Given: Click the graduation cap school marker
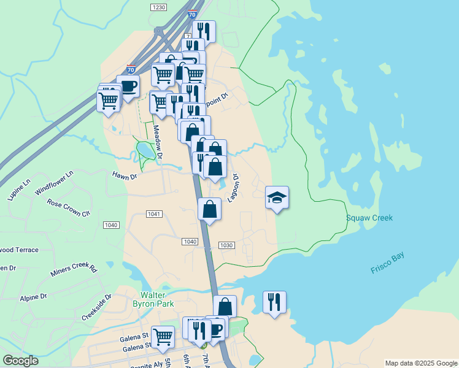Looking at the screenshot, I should tap(277, 197).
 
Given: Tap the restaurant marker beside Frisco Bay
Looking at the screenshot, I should tap(274, 302).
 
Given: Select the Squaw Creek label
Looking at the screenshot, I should tap(369, 218).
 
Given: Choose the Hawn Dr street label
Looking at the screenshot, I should tap(124, 175).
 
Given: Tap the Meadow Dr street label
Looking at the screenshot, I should tap(158, 143).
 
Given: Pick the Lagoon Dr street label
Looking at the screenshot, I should tap(233, 187).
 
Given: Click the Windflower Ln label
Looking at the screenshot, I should tap(54, 183).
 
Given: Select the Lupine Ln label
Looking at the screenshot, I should tap(19, 190).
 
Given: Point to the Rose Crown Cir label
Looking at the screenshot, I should tap(69, 208).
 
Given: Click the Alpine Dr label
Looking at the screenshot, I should tap(33, 297).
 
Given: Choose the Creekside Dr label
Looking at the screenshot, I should tap(97, 307).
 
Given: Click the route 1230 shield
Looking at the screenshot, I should tap(158, 7).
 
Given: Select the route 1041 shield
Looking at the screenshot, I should tap(154, 213).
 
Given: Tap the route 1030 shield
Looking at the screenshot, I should tap(226, 245).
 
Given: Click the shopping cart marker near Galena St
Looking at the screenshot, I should tap(163, 335).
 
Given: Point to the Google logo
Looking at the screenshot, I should tap(20, 361).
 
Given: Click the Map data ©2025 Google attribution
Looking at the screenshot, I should tap(420, 363).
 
